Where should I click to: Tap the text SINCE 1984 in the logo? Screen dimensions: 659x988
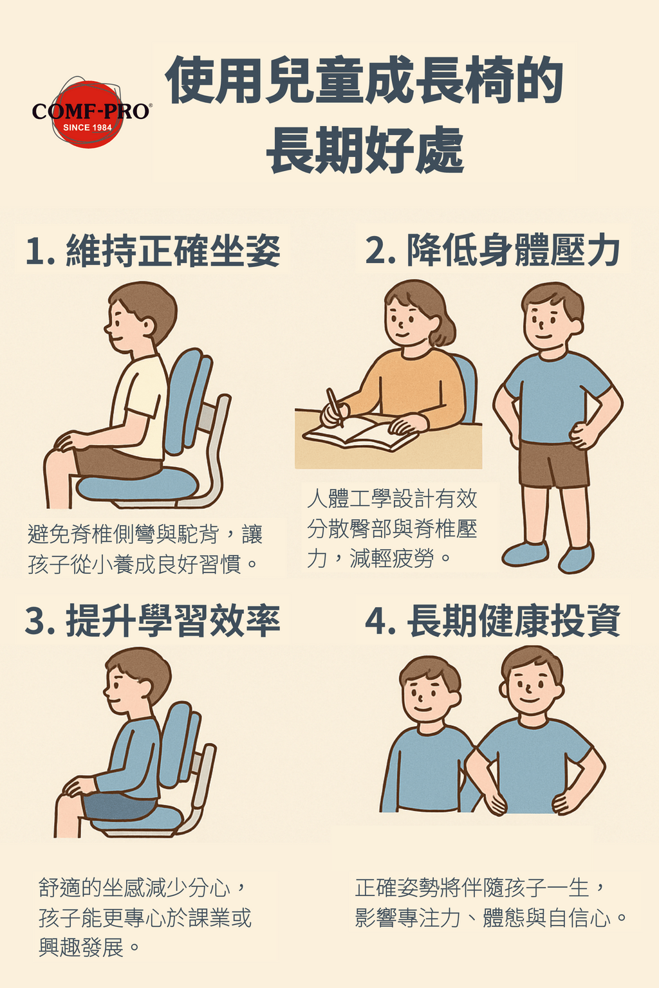(x=88, y=127)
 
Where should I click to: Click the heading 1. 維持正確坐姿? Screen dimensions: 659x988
(x=153, y=250)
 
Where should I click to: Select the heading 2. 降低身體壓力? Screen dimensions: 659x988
(x=493, y=250)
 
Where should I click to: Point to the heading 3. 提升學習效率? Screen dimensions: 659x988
(x=153, y=621)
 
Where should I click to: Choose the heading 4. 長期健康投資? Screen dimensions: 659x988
(x=493, y=621)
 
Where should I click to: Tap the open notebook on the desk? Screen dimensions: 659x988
(x=360, y=434)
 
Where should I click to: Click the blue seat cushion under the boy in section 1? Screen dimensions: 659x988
(x=137, y=484)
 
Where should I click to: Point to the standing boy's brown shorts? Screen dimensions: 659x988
(x=553, y=463)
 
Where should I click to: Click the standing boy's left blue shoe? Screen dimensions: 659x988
(x=525, y=554)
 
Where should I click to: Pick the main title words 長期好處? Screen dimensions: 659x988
(x=366, y=151)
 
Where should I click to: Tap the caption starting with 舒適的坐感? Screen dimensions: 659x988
(x=145, y=917)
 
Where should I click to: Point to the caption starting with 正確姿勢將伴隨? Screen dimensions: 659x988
(x=491, y=902)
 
